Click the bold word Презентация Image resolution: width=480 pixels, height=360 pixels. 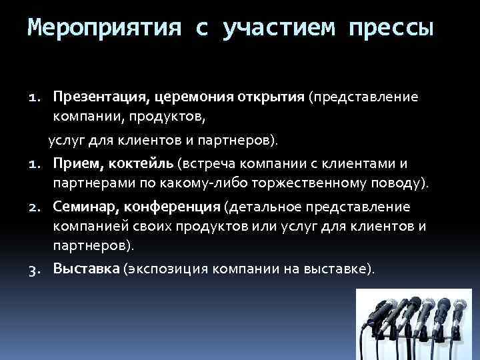101,97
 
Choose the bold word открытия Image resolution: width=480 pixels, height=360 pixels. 270,97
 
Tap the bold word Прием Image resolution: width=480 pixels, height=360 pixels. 72,163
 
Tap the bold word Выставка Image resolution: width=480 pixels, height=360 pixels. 87,269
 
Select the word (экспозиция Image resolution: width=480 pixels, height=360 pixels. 165,269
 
